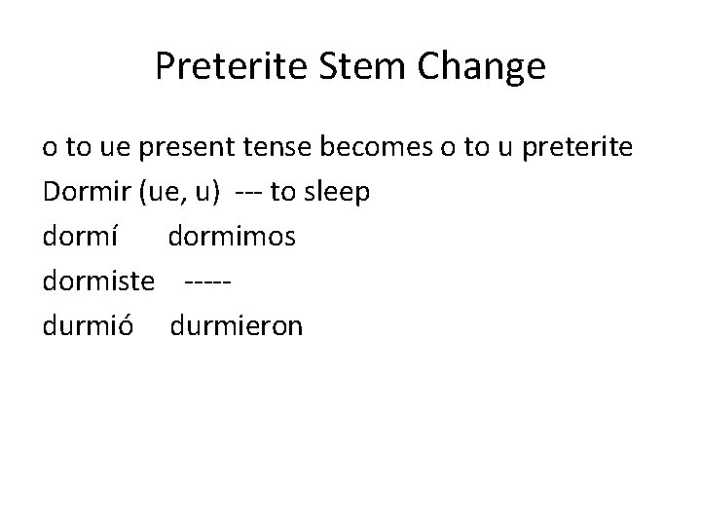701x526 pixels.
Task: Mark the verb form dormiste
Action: click(x=99, y=281)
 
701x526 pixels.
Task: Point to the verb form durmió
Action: click(x=86, y=324)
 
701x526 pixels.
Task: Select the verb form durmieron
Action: click(x=237, y=324)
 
